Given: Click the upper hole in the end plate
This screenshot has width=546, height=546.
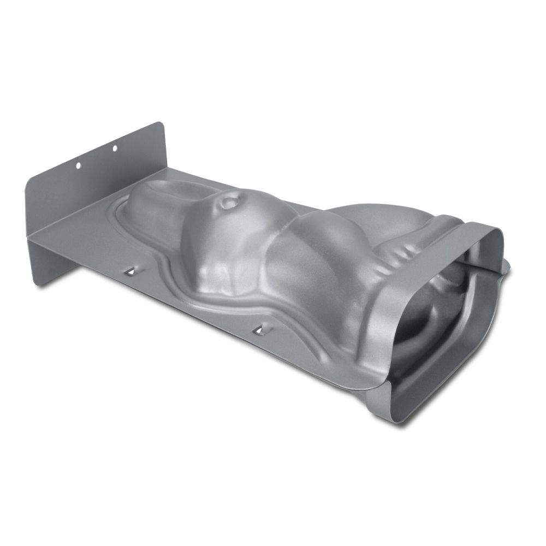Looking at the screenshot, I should coord(115,147).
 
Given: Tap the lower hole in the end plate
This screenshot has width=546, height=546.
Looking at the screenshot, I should coord(78,164).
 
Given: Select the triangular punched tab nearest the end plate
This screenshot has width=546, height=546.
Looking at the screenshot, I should coord(131,270).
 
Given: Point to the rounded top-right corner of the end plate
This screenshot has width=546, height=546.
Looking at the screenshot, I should coord(162,126).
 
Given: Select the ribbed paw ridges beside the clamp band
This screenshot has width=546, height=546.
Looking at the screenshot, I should coord(401,251).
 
